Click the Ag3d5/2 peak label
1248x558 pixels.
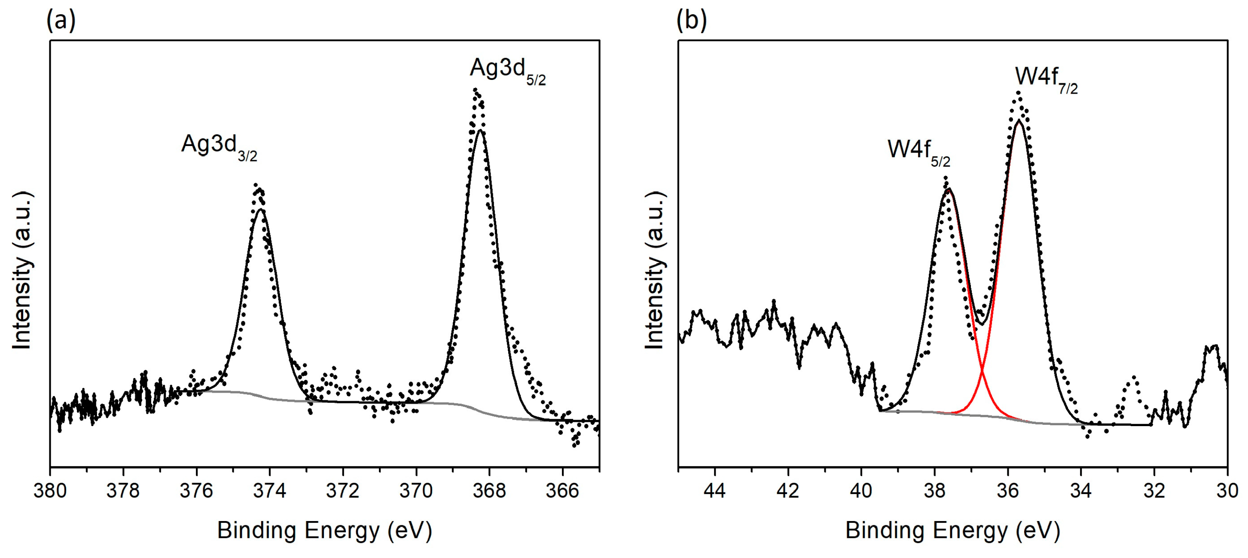click(507, 71)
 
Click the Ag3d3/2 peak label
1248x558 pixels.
click(219, 146)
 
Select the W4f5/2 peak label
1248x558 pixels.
click(918, 152)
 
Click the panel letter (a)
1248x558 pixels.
click(61, 20)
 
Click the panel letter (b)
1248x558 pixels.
click(691, 20)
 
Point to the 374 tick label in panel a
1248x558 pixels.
click(269, 491)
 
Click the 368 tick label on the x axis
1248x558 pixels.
click(489, 491)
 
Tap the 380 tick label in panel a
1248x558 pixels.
click(50, 491)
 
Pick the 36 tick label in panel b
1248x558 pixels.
click(1008, 491)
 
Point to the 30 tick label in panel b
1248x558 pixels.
click(1227, 491)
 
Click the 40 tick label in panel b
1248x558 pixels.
click(861, 491)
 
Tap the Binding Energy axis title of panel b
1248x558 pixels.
click(952, 531)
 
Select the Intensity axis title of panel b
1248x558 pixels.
click(655, 270)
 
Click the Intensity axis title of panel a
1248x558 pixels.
click(22, 270)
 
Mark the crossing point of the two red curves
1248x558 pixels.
click(982, 371)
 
